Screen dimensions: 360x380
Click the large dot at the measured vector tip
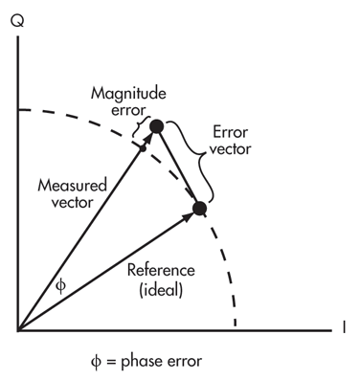coord(156,126)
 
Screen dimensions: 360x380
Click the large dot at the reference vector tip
coord(199,208)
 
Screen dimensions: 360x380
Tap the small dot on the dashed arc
coord(142,148)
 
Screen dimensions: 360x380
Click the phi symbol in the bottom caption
coord(93,361)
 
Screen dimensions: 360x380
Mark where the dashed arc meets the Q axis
coord(18,111)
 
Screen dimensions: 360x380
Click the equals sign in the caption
coord(108,361)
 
